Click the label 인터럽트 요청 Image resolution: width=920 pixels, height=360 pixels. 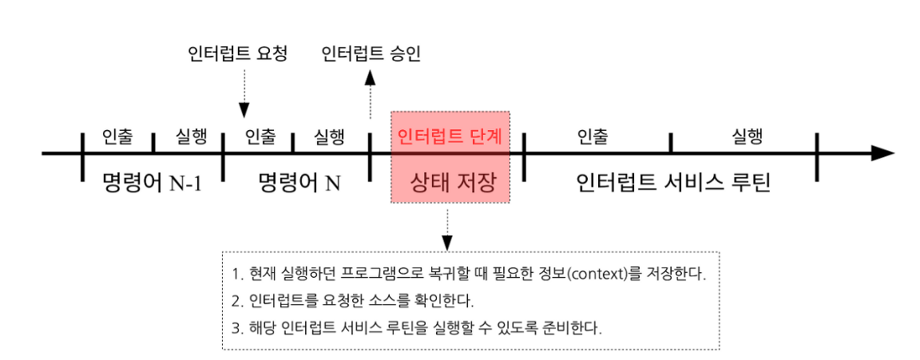(236, 54)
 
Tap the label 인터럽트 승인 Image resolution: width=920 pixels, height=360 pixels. (371, 54)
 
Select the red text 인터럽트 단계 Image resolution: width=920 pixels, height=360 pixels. (450, 135)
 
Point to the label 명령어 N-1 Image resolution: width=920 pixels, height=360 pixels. (152, 183)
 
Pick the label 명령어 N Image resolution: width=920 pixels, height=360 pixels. (299, 183)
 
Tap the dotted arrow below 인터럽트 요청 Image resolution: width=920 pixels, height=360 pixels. (244, 96)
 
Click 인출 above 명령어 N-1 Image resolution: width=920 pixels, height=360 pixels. (117, 136)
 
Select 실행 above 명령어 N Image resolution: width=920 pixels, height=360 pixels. (329, 136)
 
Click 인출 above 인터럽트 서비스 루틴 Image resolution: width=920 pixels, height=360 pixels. (593, 136)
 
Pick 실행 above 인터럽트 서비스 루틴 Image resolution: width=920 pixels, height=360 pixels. (747, 136)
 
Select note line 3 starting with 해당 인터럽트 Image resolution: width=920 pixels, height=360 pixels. (416, 327)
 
